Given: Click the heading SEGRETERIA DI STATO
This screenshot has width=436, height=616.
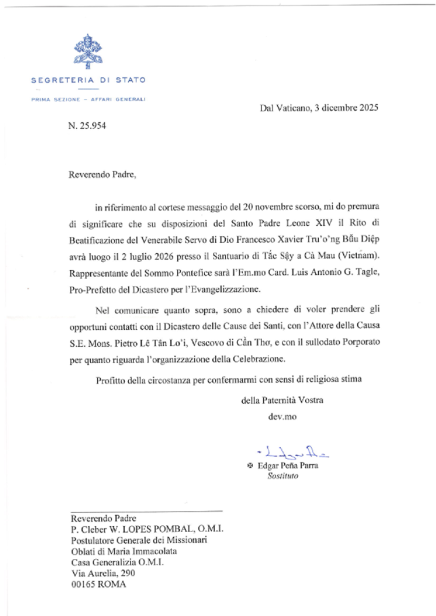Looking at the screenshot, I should pyautogui.click(x=88, y=80).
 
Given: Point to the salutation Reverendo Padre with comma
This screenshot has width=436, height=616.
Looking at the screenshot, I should pyautogui.click(x=102, y=174).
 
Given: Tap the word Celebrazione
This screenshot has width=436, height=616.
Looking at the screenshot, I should pyautogui.click(x=250, y=359).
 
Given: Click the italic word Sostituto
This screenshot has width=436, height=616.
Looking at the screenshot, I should pyautogui.click(x=283, y=477).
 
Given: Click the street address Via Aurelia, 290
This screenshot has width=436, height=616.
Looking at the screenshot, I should pyautogui.click(x=102, y=572).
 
